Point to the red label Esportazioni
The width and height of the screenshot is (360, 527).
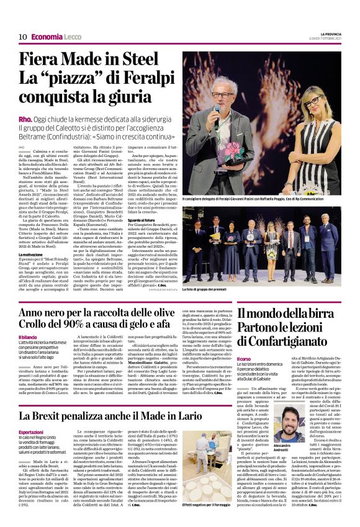(x=30, y=432)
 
